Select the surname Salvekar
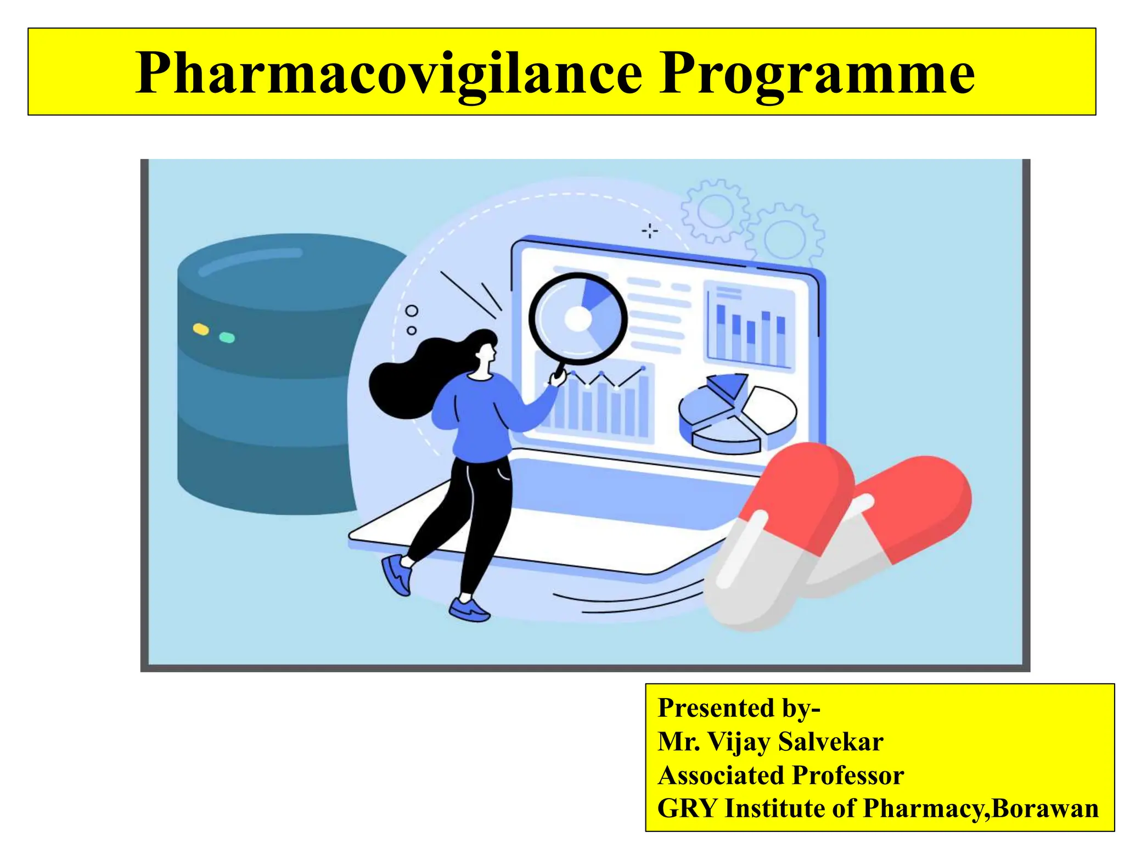click(831, 741)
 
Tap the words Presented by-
click(739, 707)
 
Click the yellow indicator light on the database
click(201, 329)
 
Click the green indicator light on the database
click(227, 337)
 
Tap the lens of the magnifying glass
click(577, 318)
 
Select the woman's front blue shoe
click(469, 610)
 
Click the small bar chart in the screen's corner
click(749, 327)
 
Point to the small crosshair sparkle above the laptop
click(650, 231)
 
